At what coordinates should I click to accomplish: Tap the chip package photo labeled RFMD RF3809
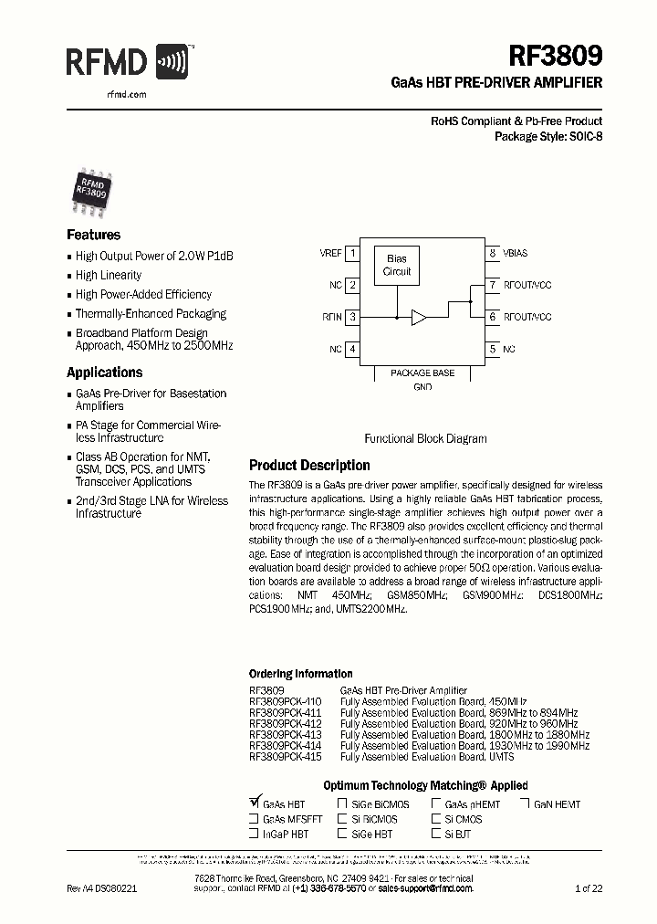point(91,189)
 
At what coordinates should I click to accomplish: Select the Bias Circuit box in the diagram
point(397,266)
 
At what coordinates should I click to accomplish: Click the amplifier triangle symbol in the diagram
point(418,318)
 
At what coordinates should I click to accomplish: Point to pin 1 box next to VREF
point(353,254)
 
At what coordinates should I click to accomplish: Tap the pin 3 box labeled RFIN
point(353,317)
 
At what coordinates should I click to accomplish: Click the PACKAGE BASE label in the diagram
point(422,373)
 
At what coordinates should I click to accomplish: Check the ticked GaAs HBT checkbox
point(254,803)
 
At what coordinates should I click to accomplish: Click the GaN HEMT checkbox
point(526,804)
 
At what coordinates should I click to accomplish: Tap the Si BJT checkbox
point(436,834)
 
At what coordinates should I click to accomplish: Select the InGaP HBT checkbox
point(254,834)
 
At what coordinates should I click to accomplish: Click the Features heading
point(93,235)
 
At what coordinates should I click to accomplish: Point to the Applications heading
point(104,373)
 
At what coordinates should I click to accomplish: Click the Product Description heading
point(309,466)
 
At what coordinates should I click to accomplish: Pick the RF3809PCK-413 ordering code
point(285,735)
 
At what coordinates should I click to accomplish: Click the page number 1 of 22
point(589,888)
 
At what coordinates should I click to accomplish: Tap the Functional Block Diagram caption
point(425,438)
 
